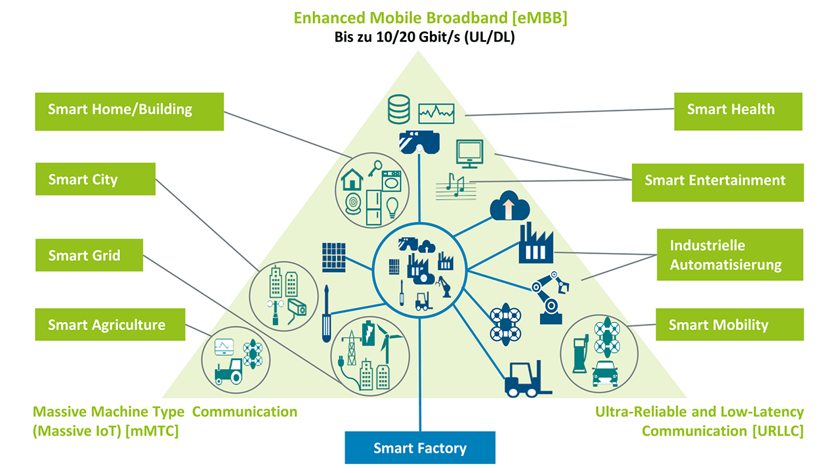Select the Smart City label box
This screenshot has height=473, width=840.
point(95,179)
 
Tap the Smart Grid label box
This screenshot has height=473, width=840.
point(89,255)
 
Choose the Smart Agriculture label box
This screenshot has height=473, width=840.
point(110,324)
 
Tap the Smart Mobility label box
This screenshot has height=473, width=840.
point(729,325)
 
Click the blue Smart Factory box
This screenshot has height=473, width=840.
point(420,448)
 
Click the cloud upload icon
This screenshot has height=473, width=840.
point(509,207)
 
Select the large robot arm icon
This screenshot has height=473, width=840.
point(551,297)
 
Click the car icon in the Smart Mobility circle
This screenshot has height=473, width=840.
point(604,374)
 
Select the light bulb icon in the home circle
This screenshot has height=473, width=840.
point(392,206)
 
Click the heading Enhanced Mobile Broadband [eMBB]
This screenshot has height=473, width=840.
point(430,18)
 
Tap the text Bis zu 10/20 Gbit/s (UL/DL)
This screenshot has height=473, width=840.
point(425,37)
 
